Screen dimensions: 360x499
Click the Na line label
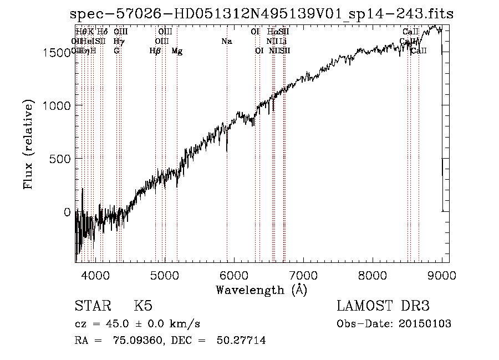click(x=226, y=41)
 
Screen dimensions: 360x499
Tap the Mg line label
click(x=177, y=51)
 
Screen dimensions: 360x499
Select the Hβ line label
click(x=155, y=51)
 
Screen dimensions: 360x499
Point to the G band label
click(x=116, y=50)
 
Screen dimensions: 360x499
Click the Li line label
click(x=283, y=41)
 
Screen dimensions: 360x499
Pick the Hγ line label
click(x=118, y=41)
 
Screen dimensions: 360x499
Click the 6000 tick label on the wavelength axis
click(x=234, y=275)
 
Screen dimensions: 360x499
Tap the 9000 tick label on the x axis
click(x=442, y=275)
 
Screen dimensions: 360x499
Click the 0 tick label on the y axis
click(x=67, y=212)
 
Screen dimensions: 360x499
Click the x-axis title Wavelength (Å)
click(x=261, y=290)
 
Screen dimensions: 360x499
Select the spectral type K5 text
click(x=143, y=306)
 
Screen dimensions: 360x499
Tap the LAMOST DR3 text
click(x=383, y=306)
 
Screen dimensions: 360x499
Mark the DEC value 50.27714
click(x=241, y=341)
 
